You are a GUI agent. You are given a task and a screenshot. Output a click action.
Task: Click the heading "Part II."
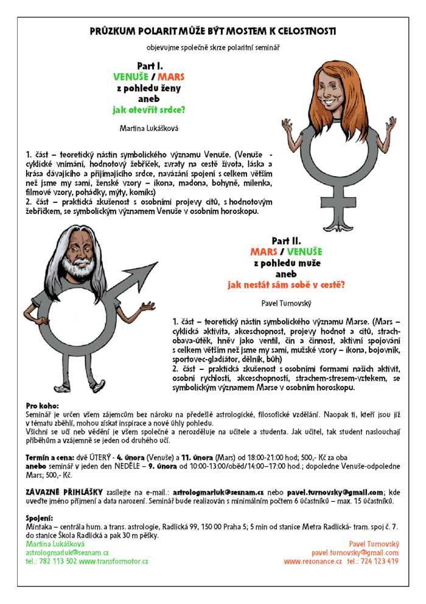[286, 240]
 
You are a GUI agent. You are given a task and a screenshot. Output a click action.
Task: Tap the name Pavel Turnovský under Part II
[285, 302]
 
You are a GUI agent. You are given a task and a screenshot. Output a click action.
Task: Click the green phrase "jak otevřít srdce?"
[149, 110]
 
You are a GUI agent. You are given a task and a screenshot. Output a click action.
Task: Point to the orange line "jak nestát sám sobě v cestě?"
[286, 284]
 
